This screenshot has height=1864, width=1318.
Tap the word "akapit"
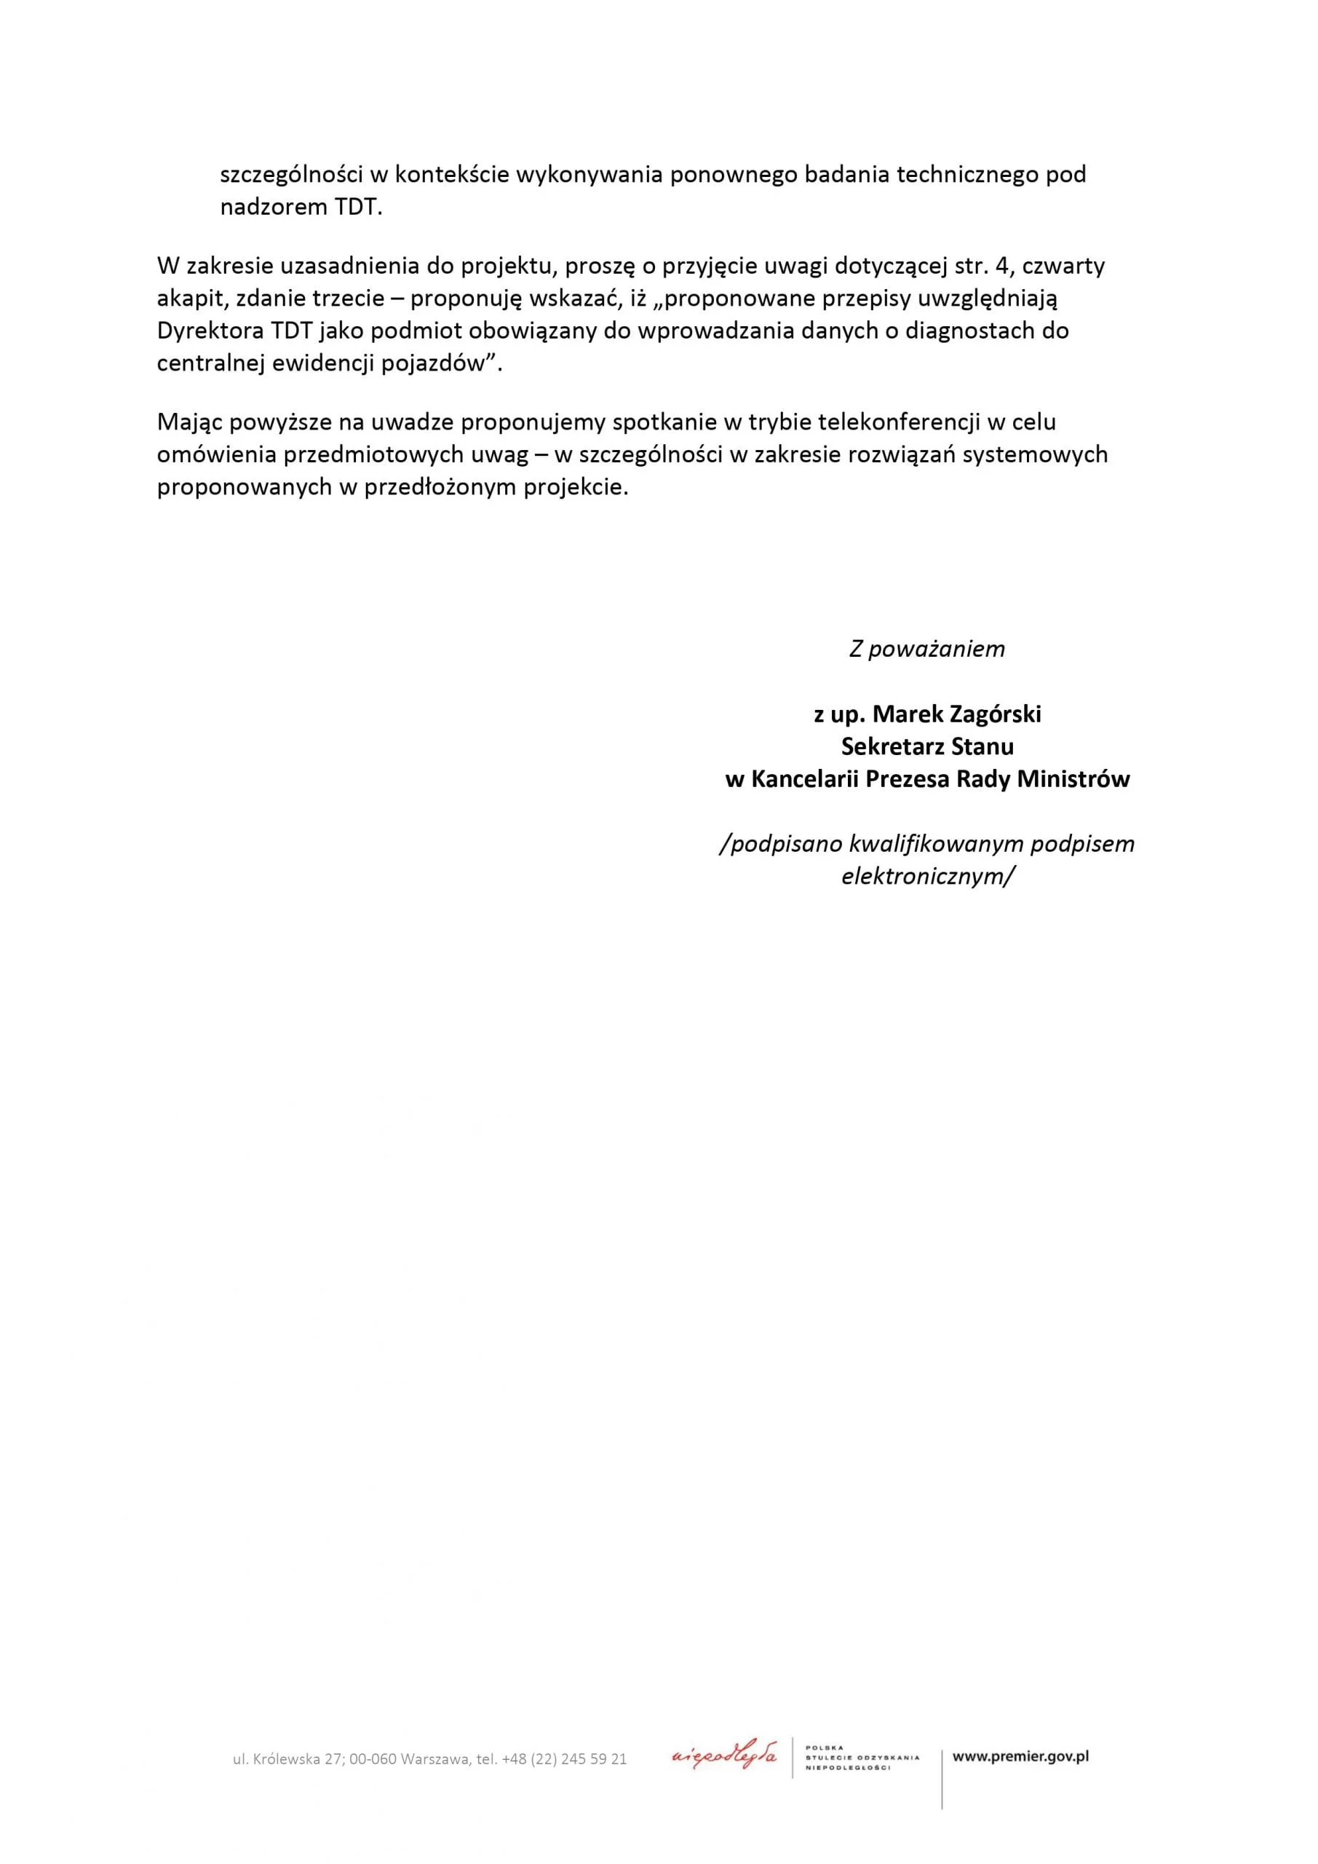pyautogui.click(x=190, y=299)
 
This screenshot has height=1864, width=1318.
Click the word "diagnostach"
pyautogui.click(x=974, y=331)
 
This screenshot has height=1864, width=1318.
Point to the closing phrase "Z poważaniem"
pyautogui.click(x=926, y=649)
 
